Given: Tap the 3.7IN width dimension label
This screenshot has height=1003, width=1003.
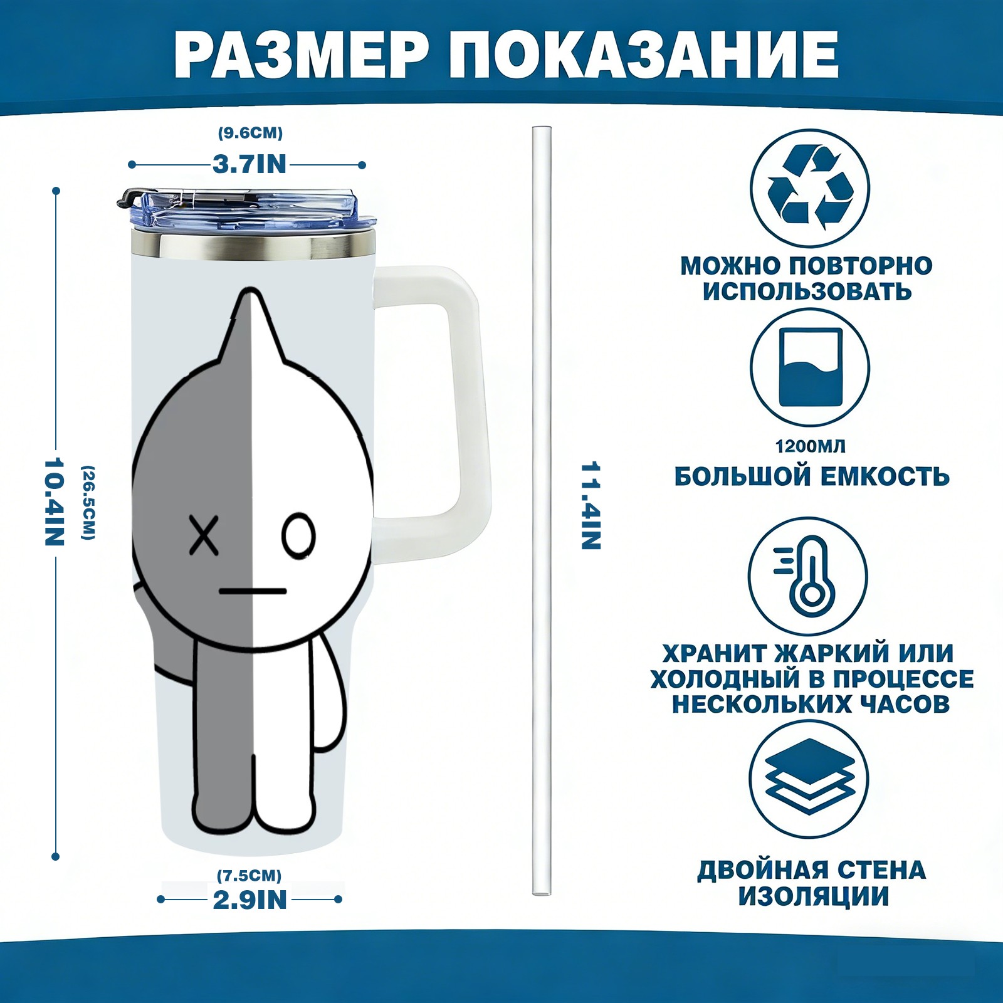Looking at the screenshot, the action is pyautogui.click(x=249, y=164).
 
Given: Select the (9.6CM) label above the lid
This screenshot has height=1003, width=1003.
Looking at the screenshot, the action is pyautogui.click(x=250, y=133).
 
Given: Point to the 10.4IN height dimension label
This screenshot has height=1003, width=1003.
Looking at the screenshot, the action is pyautogui.click(x=54, y=501).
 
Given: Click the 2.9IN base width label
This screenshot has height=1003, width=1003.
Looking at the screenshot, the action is pyautogui.click(x=249, y=900).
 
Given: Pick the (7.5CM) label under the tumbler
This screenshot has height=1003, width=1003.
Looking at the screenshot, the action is pyautogui.click(x=249, y=875).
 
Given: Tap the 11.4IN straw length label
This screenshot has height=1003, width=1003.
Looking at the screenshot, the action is pyautogui.click(x=591, y=505).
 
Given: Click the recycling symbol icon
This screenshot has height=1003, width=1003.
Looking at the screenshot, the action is pyautogui.click(x=810, y=187).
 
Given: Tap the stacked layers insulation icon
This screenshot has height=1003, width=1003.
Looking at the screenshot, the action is pyautogui.click(x=809, y=780).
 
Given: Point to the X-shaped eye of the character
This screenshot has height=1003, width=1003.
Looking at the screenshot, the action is pyautogui.click(x=204, y=535).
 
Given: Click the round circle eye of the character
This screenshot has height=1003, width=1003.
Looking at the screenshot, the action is pyautogui.click(x=297, y=536).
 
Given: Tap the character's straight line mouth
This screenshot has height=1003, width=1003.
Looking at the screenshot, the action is pyautogui.click(x=253, y=591).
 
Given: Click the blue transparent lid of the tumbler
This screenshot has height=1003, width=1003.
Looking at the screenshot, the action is pyautogui.click(x=248, y=210).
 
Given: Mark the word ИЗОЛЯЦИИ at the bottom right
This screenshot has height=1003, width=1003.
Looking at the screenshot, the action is pyautogui.click(x=813, y=896).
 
